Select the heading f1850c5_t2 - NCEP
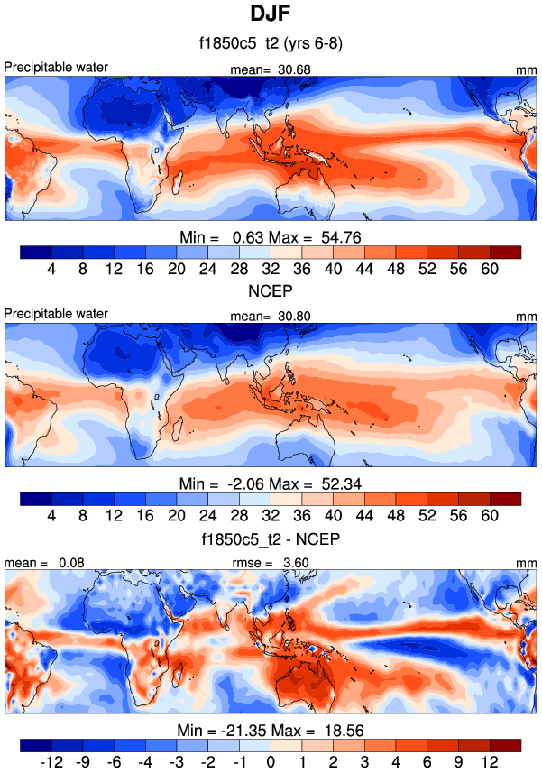[271, 539]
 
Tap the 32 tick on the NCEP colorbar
[271, 516]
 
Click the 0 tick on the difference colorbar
[271, 761]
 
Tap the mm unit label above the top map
[526, 69]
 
